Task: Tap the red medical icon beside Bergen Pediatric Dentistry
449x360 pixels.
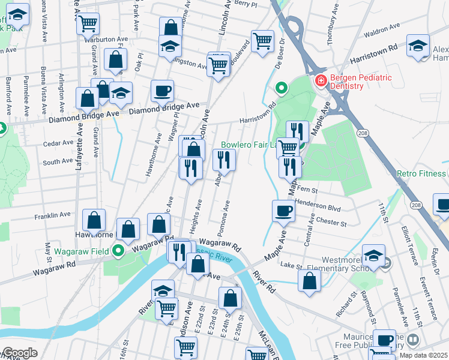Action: [321, 80]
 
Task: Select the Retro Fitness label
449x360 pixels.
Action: [422, 174]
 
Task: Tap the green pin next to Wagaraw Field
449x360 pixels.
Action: [119, 251]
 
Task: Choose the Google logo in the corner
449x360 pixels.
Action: [20, 353]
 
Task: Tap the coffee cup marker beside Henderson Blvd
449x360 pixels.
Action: [283, 211]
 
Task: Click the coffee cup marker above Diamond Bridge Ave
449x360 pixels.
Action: [162, 91]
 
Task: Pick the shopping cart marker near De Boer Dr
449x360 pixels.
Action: [262, 42]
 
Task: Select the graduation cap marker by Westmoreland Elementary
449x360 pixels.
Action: [373, 255]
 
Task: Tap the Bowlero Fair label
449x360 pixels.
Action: [249, 145]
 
